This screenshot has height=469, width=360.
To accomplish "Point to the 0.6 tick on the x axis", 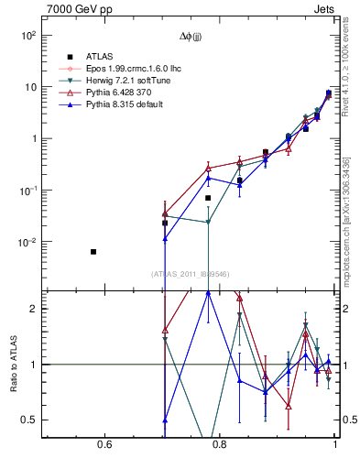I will [x=104, y=446].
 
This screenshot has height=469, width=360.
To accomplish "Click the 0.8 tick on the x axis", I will [x=220, y=446].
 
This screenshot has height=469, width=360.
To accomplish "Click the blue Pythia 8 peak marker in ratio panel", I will [x=209, y=293].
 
